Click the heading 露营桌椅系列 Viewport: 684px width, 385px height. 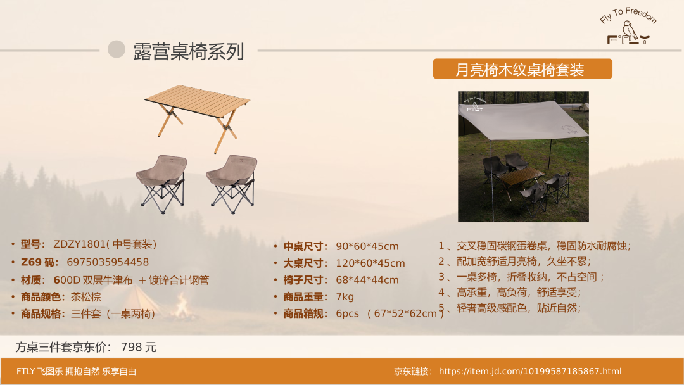click(189, 51)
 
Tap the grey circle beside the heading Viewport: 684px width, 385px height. click(117, 49)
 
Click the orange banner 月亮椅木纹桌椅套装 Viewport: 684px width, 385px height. click(522, 69)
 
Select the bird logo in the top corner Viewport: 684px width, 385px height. click(629, 27)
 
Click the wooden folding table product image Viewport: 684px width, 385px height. click(197, 117)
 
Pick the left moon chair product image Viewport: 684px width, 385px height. click(162, 184)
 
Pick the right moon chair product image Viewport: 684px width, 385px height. click(232, 184)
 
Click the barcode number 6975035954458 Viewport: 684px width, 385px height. click(108, 262)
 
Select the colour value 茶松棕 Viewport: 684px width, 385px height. click(86, 297)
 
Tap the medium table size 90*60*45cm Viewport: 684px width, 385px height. click(367, 246)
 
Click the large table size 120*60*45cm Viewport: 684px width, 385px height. click(370, 263)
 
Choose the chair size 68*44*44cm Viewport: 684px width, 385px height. click(367, 280)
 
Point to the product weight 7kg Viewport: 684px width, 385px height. click(345, 297)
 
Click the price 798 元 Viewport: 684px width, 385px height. click(139, 347)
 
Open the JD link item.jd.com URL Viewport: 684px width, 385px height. click(530, 371)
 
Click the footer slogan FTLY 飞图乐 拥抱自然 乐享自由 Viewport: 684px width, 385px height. click(77, 371)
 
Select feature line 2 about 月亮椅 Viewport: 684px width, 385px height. click(515, 261)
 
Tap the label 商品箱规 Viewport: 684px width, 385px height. click(305, 313)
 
